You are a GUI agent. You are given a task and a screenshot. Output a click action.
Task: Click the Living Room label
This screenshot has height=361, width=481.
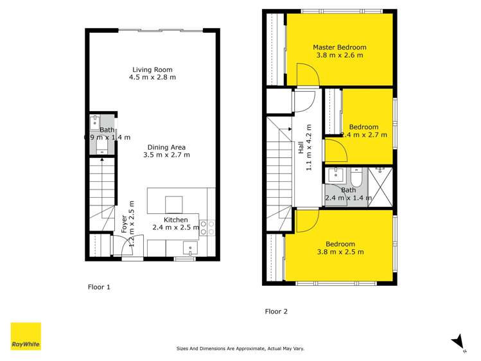[153, 69]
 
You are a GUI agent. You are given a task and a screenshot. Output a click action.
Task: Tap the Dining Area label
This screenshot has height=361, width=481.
[166, 146]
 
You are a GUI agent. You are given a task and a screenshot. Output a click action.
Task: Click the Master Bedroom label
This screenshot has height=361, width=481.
[339, 47]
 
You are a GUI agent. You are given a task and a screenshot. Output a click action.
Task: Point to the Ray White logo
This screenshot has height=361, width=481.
[26, 337]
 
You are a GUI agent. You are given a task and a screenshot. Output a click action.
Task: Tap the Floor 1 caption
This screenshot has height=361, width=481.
[99, 287]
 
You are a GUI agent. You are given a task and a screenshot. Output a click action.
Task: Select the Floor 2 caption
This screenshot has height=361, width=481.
[276, 312]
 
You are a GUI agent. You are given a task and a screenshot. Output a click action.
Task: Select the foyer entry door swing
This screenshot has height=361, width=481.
[120, 245]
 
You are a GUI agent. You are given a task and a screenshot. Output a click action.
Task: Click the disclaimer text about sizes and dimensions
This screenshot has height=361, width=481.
[240, 348]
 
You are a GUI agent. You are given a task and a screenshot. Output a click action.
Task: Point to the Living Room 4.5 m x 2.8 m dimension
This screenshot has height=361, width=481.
[153, 77]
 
